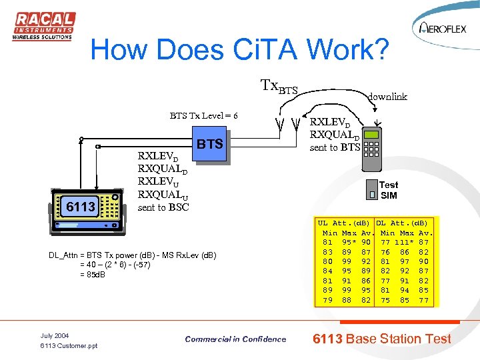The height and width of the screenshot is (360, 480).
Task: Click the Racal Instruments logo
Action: (x=43, y=26)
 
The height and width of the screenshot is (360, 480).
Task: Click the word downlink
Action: (x=387, y=96)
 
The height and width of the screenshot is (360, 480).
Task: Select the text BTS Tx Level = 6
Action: (x=203, y=115)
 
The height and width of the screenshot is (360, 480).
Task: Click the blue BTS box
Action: (x=209, y=144)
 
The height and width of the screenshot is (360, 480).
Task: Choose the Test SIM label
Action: (x=389, y=190)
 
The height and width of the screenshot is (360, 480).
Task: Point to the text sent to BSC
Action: (x=163, y=207)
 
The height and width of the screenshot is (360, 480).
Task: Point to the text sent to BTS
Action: (x=335, y=147)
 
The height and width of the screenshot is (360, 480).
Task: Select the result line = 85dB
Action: (x=93, y=274)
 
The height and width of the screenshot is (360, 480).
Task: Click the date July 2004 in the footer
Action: (x=55, y=335)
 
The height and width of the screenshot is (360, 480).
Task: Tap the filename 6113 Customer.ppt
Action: (x=69, y=346)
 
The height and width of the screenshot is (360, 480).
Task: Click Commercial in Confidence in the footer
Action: (x=235, y=339)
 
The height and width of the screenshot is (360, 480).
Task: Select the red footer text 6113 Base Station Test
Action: (x=382, y=339)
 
